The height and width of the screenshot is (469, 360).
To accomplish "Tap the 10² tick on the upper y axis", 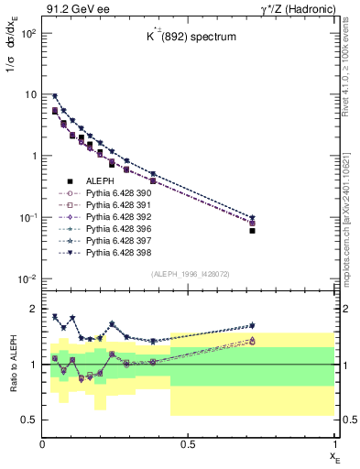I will click(28, 33).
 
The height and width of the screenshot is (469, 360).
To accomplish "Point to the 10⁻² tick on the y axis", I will click(28, 278).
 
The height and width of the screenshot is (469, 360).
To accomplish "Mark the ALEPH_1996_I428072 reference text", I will click(188, 274).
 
